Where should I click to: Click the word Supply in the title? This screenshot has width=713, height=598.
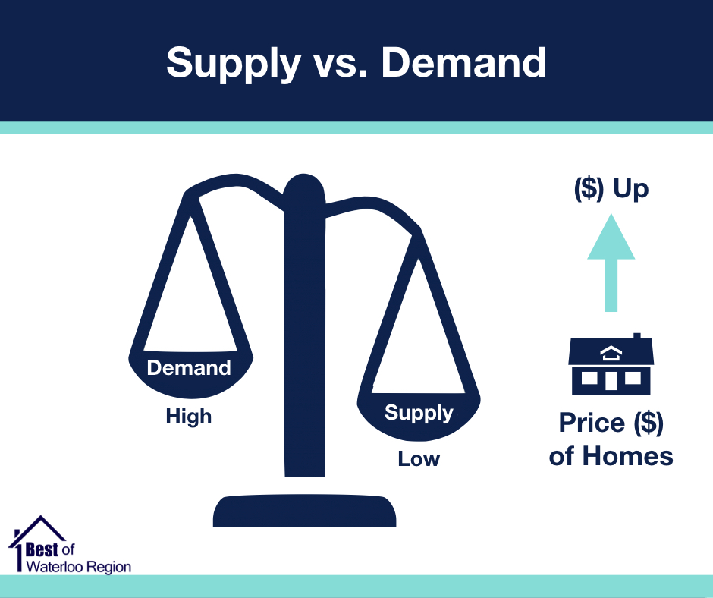click(234, 64)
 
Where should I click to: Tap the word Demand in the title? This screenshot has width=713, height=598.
click(463, 62)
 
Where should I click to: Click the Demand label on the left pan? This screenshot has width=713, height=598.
click(189, 368)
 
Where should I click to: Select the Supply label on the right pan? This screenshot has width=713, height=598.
click(419, 414)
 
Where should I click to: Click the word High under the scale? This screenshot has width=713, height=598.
click(189, 417)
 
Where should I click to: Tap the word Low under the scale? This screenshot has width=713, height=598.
click(419, 458)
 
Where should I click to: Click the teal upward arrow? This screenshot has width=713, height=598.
click(611, 263)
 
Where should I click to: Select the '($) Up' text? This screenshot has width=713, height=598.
click(611, 188)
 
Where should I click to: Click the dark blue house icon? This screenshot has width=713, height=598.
click(611, 364)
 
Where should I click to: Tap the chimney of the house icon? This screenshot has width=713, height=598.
click(637, 336)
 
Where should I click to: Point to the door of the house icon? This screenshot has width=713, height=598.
click(611, 381)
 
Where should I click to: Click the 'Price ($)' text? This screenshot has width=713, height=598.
click(611, 423)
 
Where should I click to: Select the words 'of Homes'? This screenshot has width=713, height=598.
click(611, 456)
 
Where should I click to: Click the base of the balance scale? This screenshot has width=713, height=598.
click(305, 511)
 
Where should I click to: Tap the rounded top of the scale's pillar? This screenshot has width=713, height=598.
click(303, 187)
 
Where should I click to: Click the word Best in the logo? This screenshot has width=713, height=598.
click(42, 549)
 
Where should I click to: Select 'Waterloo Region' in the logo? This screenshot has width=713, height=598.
click(79, 567)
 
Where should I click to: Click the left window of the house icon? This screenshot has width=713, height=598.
click(589, 378)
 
